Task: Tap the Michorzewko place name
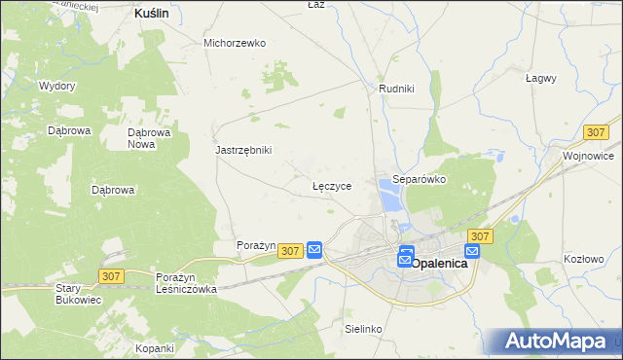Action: pyautogui.click(x=235, y=43)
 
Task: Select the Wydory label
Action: pyautogui.click(x=57, y=86)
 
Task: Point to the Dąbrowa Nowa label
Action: pyautogui.click(x=149, y=138)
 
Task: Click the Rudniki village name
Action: pyautogui.click(x=396, y=89)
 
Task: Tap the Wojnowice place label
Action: pyautogui.click(x=588, y=156)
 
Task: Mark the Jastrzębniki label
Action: pyautogui.click(x=243, y=150)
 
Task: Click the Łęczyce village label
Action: pyautogui.click(x=331, y=184)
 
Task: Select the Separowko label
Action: pyautogui.click(x=419, y=180)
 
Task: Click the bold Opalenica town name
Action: pyautogui.click(x=441, y=263)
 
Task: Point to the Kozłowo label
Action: pyautogui.click(x=584, y=259)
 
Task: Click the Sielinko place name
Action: pyautogui.click(x=363, y=330)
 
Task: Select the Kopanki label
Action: pyautogui.click(x=155, y=348)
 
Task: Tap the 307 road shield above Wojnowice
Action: pyautogui.click(x=598, y=131)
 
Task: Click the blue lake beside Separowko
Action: pyautogui.click(x=390, y=199)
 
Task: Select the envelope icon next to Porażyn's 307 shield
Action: pyautogui.click(x=314, y=250)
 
